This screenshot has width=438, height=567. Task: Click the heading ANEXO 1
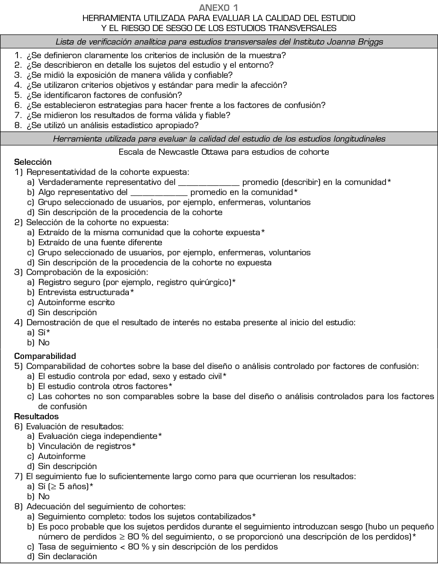click(x=219, y=7)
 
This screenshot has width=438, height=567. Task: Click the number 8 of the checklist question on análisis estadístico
click(x=17, y=125)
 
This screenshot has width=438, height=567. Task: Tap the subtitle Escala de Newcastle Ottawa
click(x=224, y=152)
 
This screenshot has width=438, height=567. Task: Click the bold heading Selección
click(x=33, y=162)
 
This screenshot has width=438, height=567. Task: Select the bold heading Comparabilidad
click(x=45, y=356)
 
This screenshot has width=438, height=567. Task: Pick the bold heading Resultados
click(x=36, y=416)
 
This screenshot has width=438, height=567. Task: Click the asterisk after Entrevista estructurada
click(x=132, y=292)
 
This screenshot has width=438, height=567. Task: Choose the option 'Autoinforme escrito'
click(x=76, y=303)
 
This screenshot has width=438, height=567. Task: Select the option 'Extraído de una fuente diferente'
click(x=100, y=243)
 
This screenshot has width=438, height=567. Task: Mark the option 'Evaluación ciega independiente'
click(x=97, y=436)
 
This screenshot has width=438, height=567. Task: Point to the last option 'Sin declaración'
click(x=67, y=557)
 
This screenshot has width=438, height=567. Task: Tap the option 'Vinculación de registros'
click(x=85, y=446)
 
